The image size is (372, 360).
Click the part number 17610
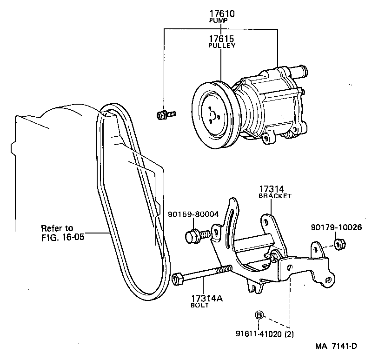coord(221,14)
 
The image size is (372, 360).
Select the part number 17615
coord(221,38)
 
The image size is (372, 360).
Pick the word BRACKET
coord(275,196)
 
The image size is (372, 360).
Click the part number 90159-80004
coord(194,215)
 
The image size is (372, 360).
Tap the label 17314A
coord(206,298)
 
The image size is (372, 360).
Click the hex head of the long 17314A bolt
coord(177,279)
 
